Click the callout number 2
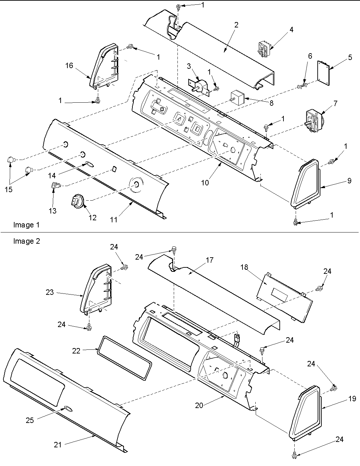point(236,25)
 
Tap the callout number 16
point(69,65)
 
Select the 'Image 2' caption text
point(26,241)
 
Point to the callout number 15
point(8,189)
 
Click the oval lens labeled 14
point(89,164)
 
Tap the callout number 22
point(76,351)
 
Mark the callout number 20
point(199,405)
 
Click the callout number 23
point(50,292)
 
